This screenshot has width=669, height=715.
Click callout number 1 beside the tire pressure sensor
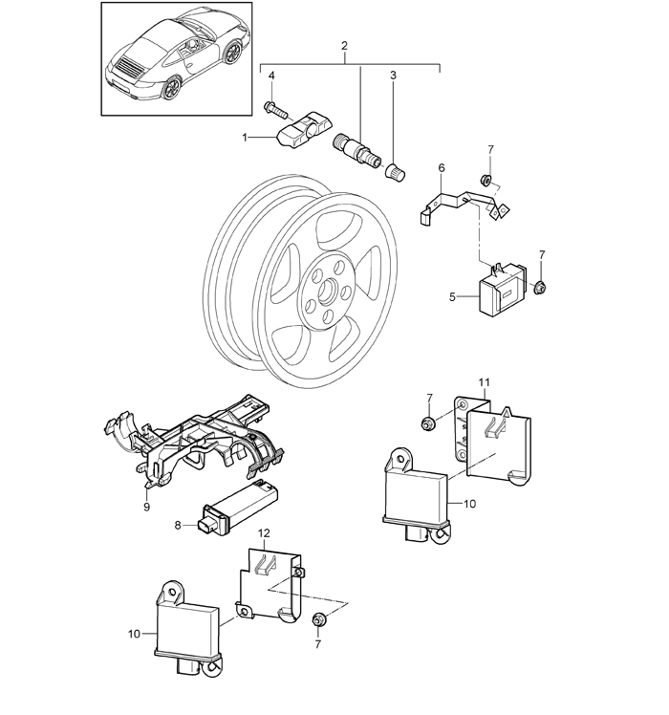click(245, 138)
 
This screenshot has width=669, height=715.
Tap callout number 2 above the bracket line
click(344, 46)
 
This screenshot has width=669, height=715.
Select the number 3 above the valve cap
click(393, 75)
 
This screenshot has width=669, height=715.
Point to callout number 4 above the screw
click(271, 76)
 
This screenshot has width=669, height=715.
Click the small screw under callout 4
click(273, 109)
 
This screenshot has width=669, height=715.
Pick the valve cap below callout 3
click(396, 173)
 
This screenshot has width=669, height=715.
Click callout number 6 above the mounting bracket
click(441, 168)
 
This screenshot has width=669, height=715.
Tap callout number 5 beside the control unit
click(452, 297)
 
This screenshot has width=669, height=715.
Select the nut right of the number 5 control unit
click(540, 288)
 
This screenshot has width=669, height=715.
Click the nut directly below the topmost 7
click(486, 180)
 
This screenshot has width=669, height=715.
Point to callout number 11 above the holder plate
click(484, 382)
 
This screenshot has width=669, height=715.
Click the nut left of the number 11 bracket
click(428, 423)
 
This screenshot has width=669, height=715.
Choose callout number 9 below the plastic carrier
click(146, 507)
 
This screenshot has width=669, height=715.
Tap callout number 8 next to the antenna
click(178, 526)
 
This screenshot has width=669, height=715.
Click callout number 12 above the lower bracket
click(264, 532)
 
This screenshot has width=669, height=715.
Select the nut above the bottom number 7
click(318, 620)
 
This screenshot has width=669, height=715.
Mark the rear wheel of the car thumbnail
click(173, 87)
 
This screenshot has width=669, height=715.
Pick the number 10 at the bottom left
click(134, 634)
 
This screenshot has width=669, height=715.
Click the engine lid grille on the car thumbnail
click(128, 67)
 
